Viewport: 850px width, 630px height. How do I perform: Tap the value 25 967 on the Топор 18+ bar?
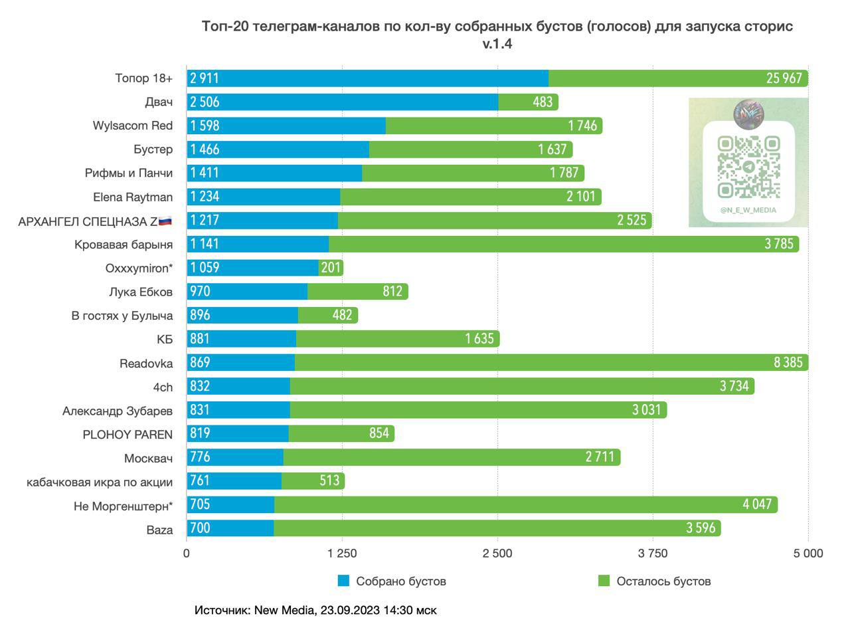(784, 78)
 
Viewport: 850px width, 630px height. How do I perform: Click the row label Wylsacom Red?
(133, 126)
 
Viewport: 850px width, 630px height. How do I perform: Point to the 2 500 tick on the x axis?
(497, 553)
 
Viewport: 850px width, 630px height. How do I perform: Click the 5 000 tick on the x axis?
(808, 553)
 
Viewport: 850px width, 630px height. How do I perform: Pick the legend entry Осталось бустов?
(663, 581)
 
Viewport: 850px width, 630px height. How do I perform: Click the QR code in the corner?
(748, 166)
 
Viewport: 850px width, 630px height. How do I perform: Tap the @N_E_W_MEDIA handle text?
(748, 210)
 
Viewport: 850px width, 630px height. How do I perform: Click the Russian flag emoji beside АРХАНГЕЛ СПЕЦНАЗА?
(165, 221)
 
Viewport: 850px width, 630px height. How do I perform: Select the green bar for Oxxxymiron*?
(331, 268)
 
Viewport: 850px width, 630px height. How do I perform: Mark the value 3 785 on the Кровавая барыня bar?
(778, 244)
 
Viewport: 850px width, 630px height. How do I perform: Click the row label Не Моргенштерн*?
(123, 506)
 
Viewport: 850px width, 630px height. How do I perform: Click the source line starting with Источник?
(315, 609)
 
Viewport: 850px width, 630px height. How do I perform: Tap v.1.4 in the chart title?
(497, 45)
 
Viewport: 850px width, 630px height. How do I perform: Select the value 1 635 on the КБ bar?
(479, 339)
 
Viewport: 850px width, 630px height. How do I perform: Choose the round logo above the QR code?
(748, 114)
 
